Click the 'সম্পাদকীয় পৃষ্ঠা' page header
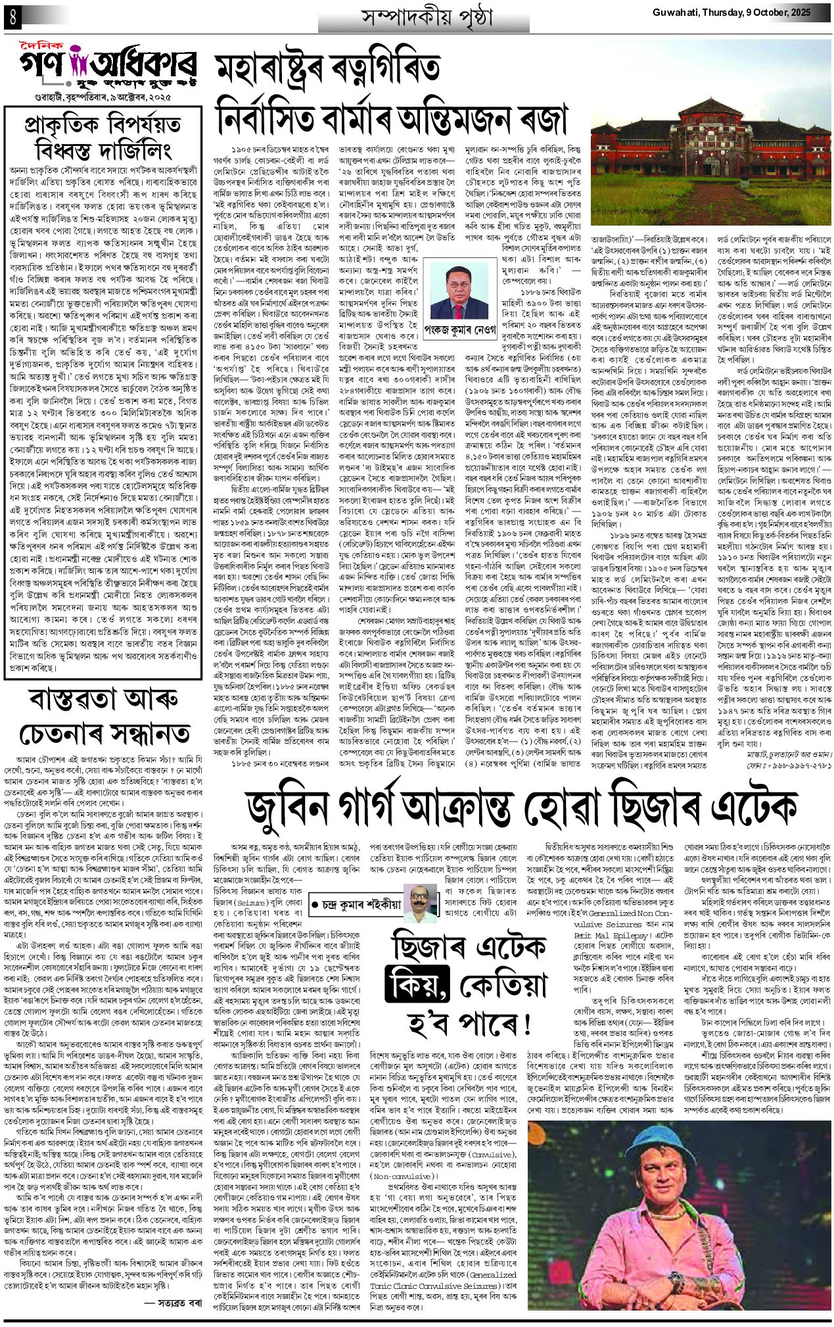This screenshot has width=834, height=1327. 423,18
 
